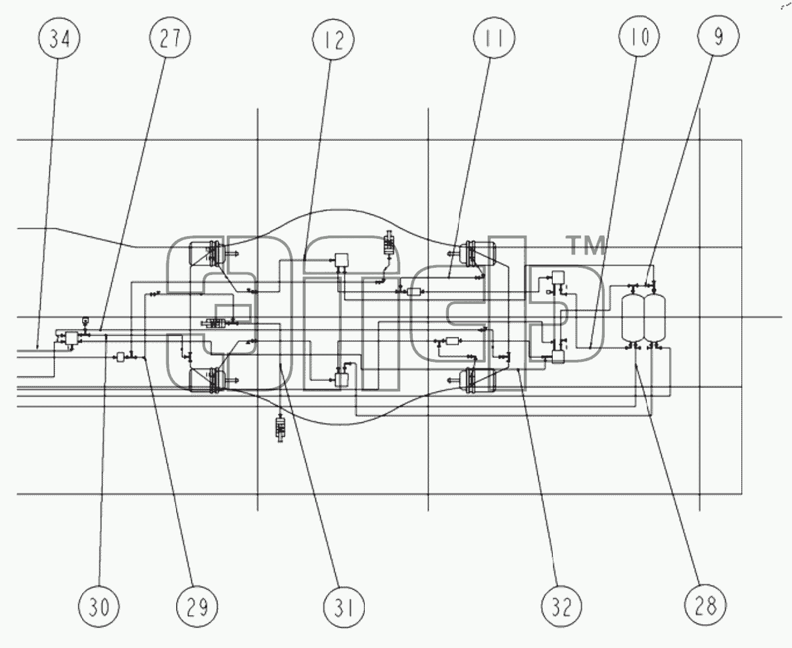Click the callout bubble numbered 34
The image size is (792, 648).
pos(59,38)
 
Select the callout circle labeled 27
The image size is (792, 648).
pos(170,37)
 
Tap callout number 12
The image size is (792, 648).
pos(333,39)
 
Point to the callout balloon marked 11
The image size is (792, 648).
pos(494,37)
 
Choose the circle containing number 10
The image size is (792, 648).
pos(639,36)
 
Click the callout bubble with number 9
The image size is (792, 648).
pos(718,36)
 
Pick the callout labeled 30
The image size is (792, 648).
pos(99,607)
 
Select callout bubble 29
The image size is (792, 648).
pos(197,607)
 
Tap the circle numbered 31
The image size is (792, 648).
pos(344,607)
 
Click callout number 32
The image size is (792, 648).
pos(561,607)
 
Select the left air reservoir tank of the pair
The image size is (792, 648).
pos(633,318)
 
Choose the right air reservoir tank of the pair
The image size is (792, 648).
pos(655,318)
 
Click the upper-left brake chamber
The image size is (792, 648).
pos(208,254)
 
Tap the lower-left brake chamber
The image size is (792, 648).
pos(208,380)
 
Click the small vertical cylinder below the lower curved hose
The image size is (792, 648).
pos(280,428)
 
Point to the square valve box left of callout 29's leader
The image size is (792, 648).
pos(120,357)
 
